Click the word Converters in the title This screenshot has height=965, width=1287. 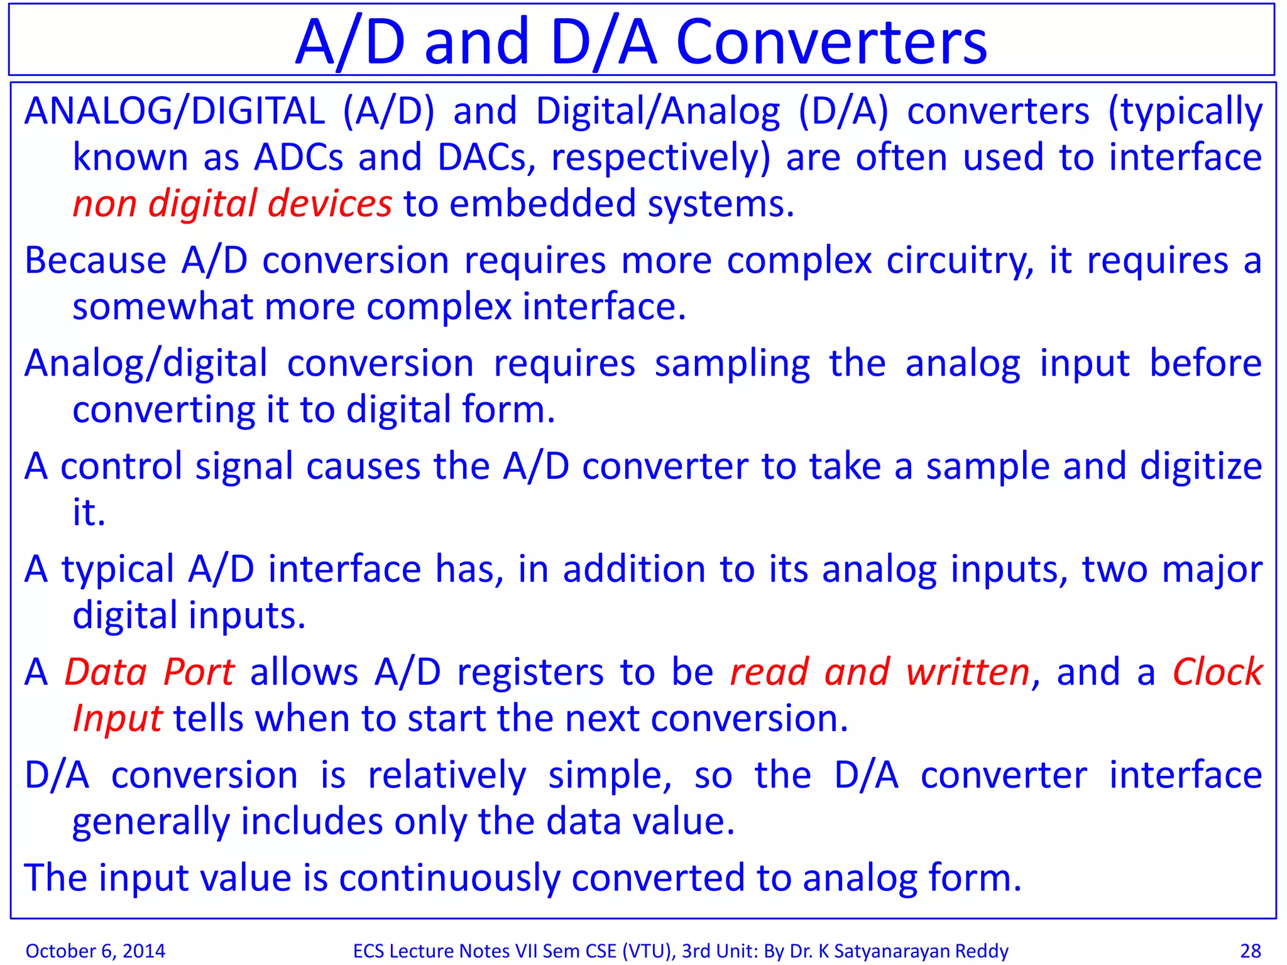coord(831,43)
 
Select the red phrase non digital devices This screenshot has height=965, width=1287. coord(232,204)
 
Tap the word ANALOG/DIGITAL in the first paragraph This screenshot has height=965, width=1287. coord(174,112)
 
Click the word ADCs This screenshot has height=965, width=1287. coord(298,158)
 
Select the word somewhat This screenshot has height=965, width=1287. coord(162,307)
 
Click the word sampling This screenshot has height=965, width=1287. coord(732,364)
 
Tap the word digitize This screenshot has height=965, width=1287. coord(1201,467)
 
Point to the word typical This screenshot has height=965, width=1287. coord(118,570)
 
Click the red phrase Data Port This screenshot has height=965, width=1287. coord(150,672)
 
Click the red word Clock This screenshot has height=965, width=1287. coord(1217,672)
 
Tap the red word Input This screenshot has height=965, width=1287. coord(118,719)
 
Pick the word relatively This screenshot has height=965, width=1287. coord(447,775)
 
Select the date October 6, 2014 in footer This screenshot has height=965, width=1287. coord(96,951)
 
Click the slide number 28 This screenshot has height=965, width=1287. coord(1250,951)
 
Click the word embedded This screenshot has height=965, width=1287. coord(543,204)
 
